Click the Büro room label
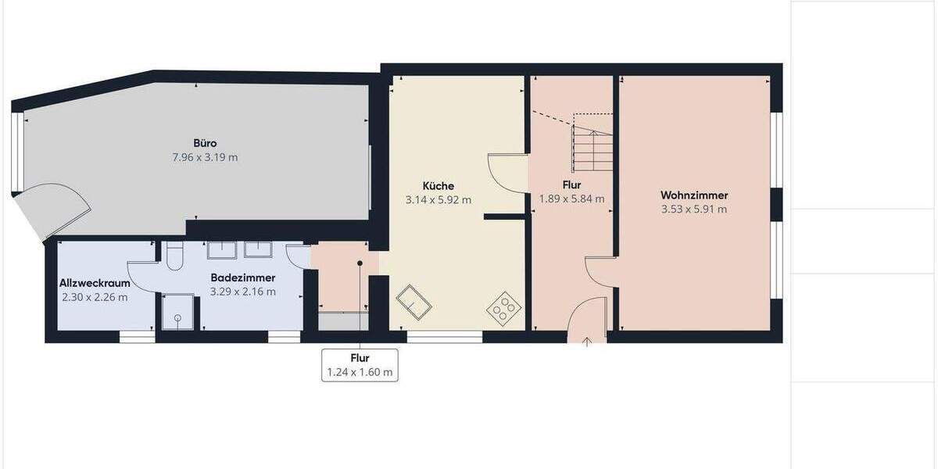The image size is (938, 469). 205,143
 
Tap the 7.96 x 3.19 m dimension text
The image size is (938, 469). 205,157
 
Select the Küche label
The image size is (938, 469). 438,186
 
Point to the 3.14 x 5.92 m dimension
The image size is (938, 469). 438,200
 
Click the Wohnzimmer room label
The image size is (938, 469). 694,195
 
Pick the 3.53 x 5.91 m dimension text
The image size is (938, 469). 694,209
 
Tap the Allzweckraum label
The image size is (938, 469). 95,283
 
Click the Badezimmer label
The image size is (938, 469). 242,277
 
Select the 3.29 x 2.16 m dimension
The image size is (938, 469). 242,292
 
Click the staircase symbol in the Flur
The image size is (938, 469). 593,145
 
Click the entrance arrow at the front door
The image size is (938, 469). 587,340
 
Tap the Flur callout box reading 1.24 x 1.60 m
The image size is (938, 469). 360,365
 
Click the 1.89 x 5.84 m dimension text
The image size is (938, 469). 571,199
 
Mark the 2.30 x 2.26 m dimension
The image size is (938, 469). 95,297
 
